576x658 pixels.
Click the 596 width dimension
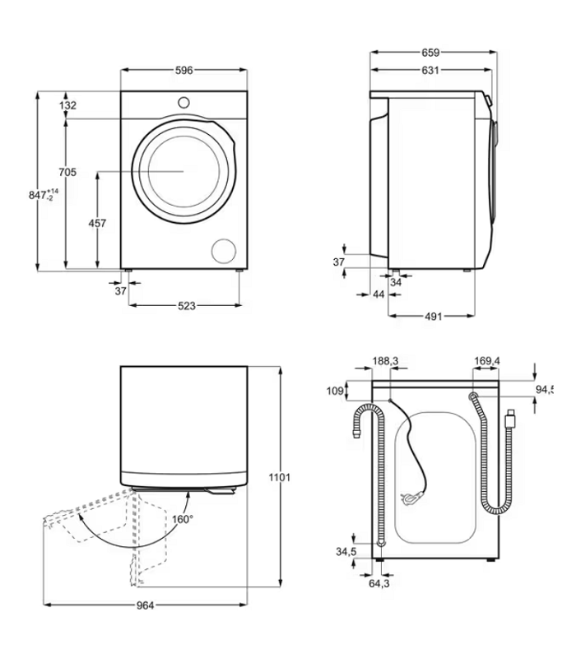[x=183, y=71]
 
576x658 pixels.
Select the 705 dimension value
[x=67, y=172]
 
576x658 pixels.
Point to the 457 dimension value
[x=97, y=224]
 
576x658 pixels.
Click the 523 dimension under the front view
[x=187, y=306]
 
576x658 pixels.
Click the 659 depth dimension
[x=430, y=53]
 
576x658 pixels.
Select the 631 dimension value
[x=430, y=71]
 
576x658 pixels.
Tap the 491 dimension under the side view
[x=434, y=316]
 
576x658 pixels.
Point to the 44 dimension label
[x=379, y=294]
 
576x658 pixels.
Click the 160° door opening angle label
[x=182, y=519]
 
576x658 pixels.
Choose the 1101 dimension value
[x=280, y=477]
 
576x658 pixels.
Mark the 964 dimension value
[x=145, y=605]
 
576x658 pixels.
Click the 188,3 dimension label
[x=385, y=360]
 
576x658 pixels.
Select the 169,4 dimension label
[x=488, y=360]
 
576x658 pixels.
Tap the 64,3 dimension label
[x=379, y=583]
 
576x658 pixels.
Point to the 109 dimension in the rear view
[x=335, y=391]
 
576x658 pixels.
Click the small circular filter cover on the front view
[x=223, y=251]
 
